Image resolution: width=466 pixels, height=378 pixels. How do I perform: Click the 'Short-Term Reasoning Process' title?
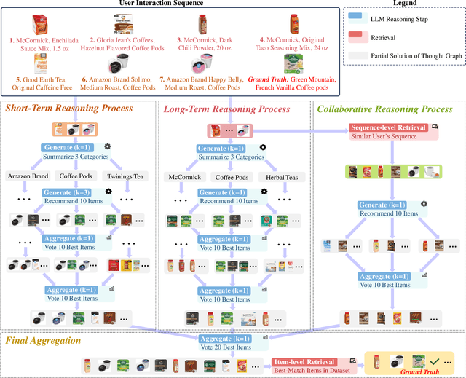coord(70,109)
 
